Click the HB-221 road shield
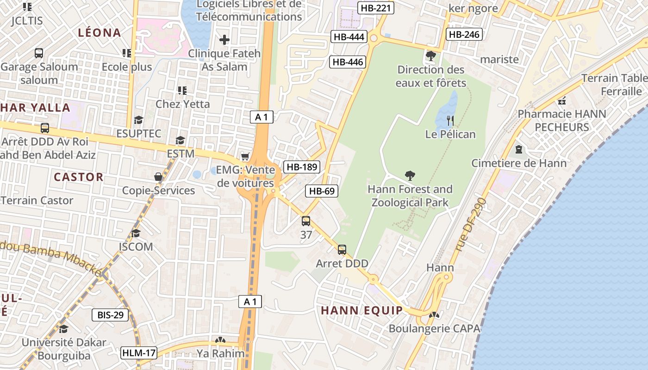click(x=376, y=8)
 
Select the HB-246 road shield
click(x=464, y=34)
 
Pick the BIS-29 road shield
click(x=110, y=315)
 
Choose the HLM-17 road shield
click(x=139, y=353)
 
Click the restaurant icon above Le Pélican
click(x=450, y=121)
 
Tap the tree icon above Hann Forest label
click(x=410, y=175)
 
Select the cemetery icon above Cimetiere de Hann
click(x=518, y=149)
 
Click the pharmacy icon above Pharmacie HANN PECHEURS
click(x=562, y=100)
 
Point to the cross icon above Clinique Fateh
click(x=224, y=40)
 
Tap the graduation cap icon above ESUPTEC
click(x=138, y=120)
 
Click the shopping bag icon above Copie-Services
click(x=158, y=177)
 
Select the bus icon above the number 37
click(x=306, y=221)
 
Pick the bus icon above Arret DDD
click(x=342, y=250)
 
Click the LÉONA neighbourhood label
click(x=100, y=33)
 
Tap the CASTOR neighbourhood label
click(x=79, y=177)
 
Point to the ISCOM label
click(x=136, y=247)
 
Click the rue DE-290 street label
click(x=471, y=225)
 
